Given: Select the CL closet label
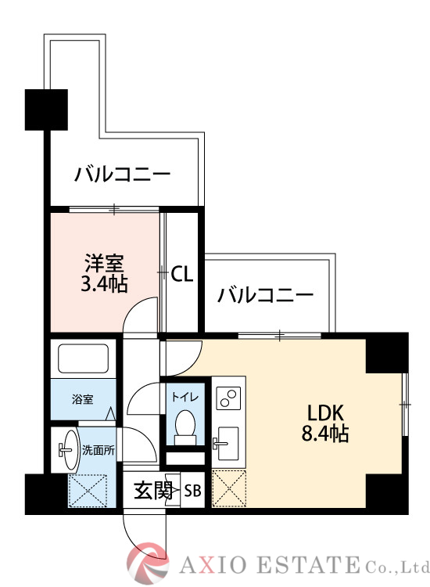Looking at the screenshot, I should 181,274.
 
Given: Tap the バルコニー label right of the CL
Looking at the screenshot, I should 266,295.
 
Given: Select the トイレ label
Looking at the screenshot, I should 185,397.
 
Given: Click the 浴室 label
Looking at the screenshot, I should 82,400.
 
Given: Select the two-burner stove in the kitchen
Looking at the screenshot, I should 229,398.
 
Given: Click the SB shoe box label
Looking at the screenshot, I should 192,491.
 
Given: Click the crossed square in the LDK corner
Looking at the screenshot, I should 228,488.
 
